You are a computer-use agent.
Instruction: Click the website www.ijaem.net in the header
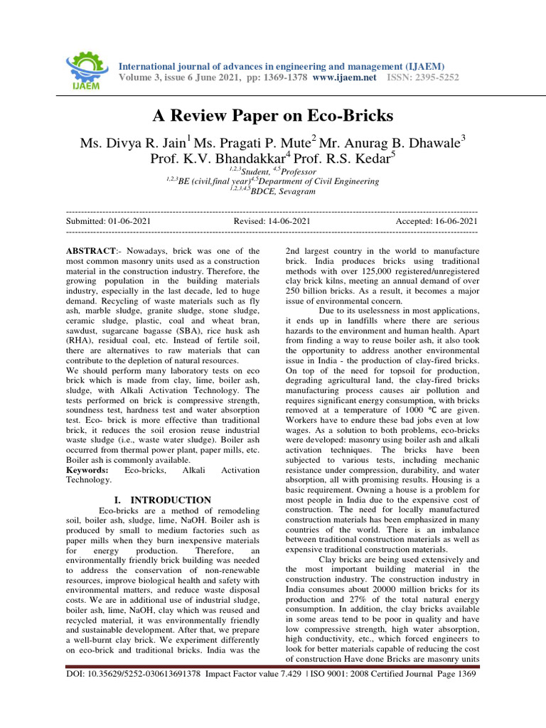[x=344, y=77]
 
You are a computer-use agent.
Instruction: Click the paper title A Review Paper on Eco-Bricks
[x=273, y=115]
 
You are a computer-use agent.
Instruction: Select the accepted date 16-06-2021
[x=451, y=222]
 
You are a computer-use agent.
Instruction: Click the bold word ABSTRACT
[x=91, y=252]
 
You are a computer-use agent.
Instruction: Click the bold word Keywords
[x=87, y=471]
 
